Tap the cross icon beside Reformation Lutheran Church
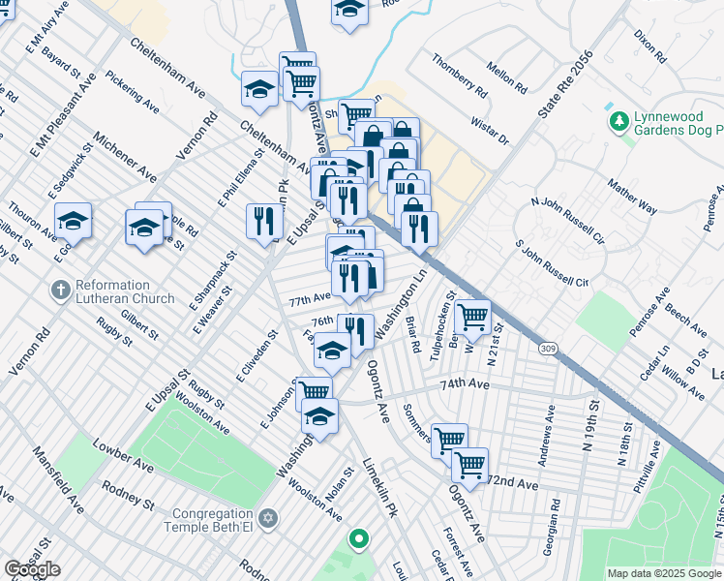59,289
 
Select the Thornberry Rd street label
460,76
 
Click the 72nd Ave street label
512,481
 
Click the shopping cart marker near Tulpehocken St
472,316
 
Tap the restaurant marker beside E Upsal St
264,222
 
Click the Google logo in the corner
32,569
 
